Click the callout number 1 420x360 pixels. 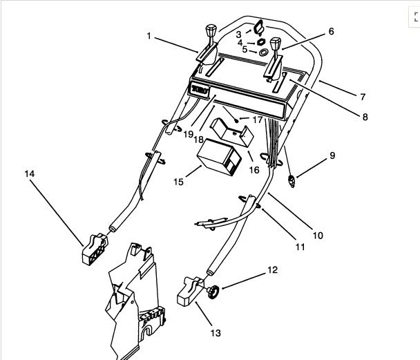coord(149,35)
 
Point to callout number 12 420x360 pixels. coord(272,269)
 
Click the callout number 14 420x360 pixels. coord(29,174)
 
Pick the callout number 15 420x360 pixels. coord(178,182)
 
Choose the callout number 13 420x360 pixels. coord(216,333)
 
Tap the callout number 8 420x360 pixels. coord(365,117)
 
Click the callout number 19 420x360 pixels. coord(189,134)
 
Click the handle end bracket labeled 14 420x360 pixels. coord(93,248)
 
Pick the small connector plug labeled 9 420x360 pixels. coord(294,182)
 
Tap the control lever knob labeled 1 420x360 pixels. coord(209,35)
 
